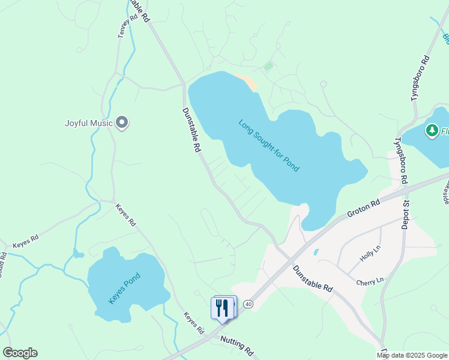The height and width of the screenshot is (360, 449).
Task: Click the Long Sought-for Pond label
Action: click(x=268, y=146)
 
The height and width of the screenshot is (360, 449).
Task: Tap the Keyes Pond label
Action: click(x=124, y=288)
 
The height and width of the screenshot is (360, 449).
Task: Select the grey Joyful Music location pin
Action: click(x=122, y=123)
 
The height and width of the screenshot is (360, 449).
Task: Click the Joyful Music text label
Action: click(x=89, y=124)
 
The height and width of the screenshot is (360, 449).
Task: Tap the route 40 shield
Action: click(x=249, y=304)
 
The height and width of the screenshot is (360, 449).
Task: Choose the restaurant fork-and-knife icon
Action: click(x=222, y=308)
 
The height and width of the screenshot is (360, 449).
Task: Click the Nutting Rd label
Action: click(x=237, y=346)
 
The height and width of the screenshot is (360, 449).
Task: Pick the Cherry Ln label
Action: click(x=369, y=281)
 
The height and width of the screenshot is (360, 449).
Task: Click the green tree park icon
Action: click(x=432, y=130)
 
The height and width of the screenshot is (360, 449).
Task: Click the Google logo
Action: click(x=20, y=352)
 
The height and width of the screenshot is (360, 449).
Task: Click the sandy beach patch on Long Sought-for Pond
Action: click(x=248, y=82)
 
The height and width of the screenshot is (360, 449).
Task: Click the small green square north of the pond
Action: click(x=268, y=66)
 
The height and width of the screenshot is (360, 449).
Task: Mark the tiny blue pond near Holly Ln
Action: click(x=316, y=252)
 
